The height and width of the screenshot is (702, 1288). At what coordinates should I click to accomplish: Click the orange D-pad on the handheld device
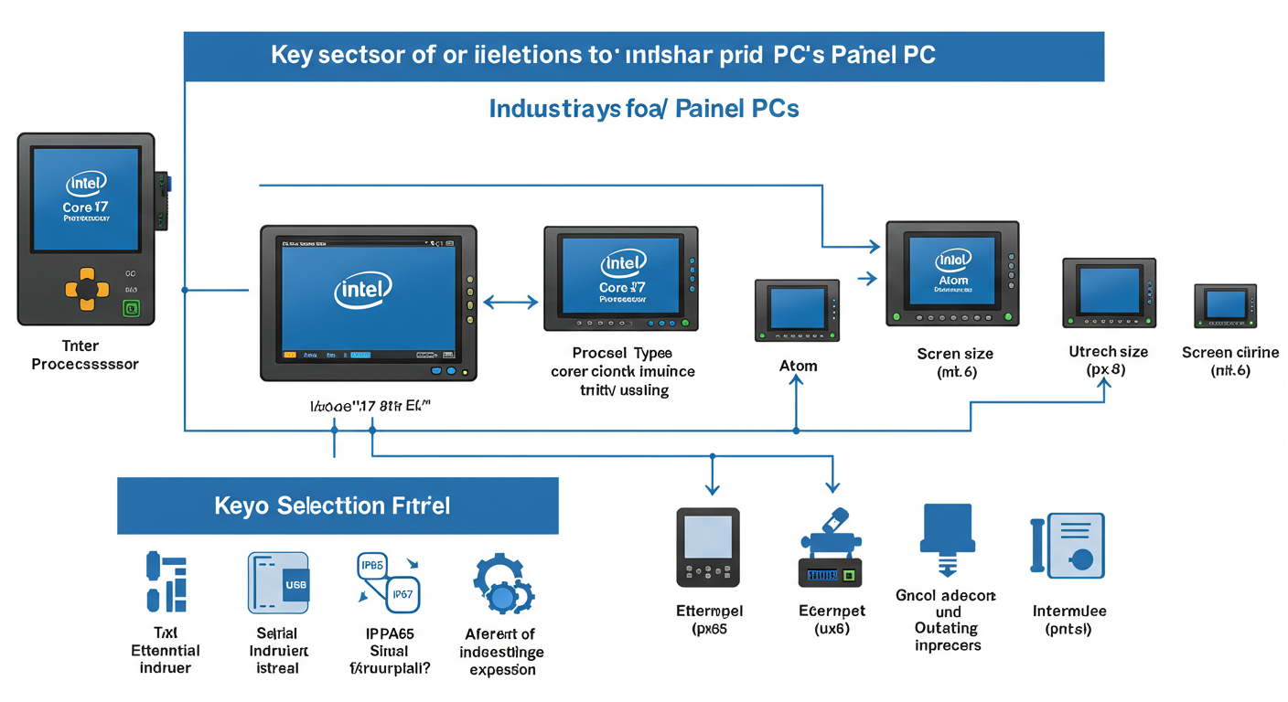pos(86,288)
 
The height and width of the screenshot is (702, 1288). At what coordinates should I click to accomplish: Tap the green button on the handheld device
pos(131,308)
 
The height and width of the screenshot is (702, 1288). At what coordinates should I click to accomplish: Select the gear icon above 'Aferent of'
pos(501,585)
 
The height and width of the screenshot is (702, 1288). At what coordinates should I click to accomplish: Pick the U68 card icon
pos(278,582)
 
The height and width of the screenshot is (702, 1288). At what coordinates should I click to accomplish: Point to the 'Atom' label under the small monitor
pos(798,366)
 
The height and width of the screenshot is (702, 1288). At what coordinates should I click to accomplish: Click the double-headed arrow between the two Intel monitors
pos(510,302)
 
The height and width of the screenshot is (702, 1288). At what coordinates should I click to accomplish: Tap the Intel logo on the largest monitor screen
pos(363,290)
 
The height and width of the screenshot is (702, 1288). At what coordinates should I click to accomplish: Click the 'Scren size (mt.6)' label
pos(955,362)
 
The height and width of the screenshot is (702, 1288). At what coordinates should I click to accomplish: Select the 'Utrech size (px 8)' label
pos(1108,360)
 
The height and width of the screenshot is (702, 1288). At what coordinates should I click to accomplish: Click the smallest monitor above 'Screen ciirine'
pos(1224,305)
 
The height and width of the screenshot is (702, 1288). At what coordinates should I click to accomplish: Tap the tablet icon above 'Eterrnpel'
pos(707,547)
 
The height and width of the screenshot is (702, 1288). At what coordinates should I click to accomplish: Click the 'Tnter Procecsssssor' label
pos(84,355)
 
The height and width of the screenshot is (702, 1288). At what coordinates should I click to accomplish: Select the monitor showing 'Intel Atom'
pos(952,272)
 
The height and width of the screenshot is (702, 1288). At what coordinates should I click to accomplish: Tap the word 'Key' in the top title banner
pos(292,56)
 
